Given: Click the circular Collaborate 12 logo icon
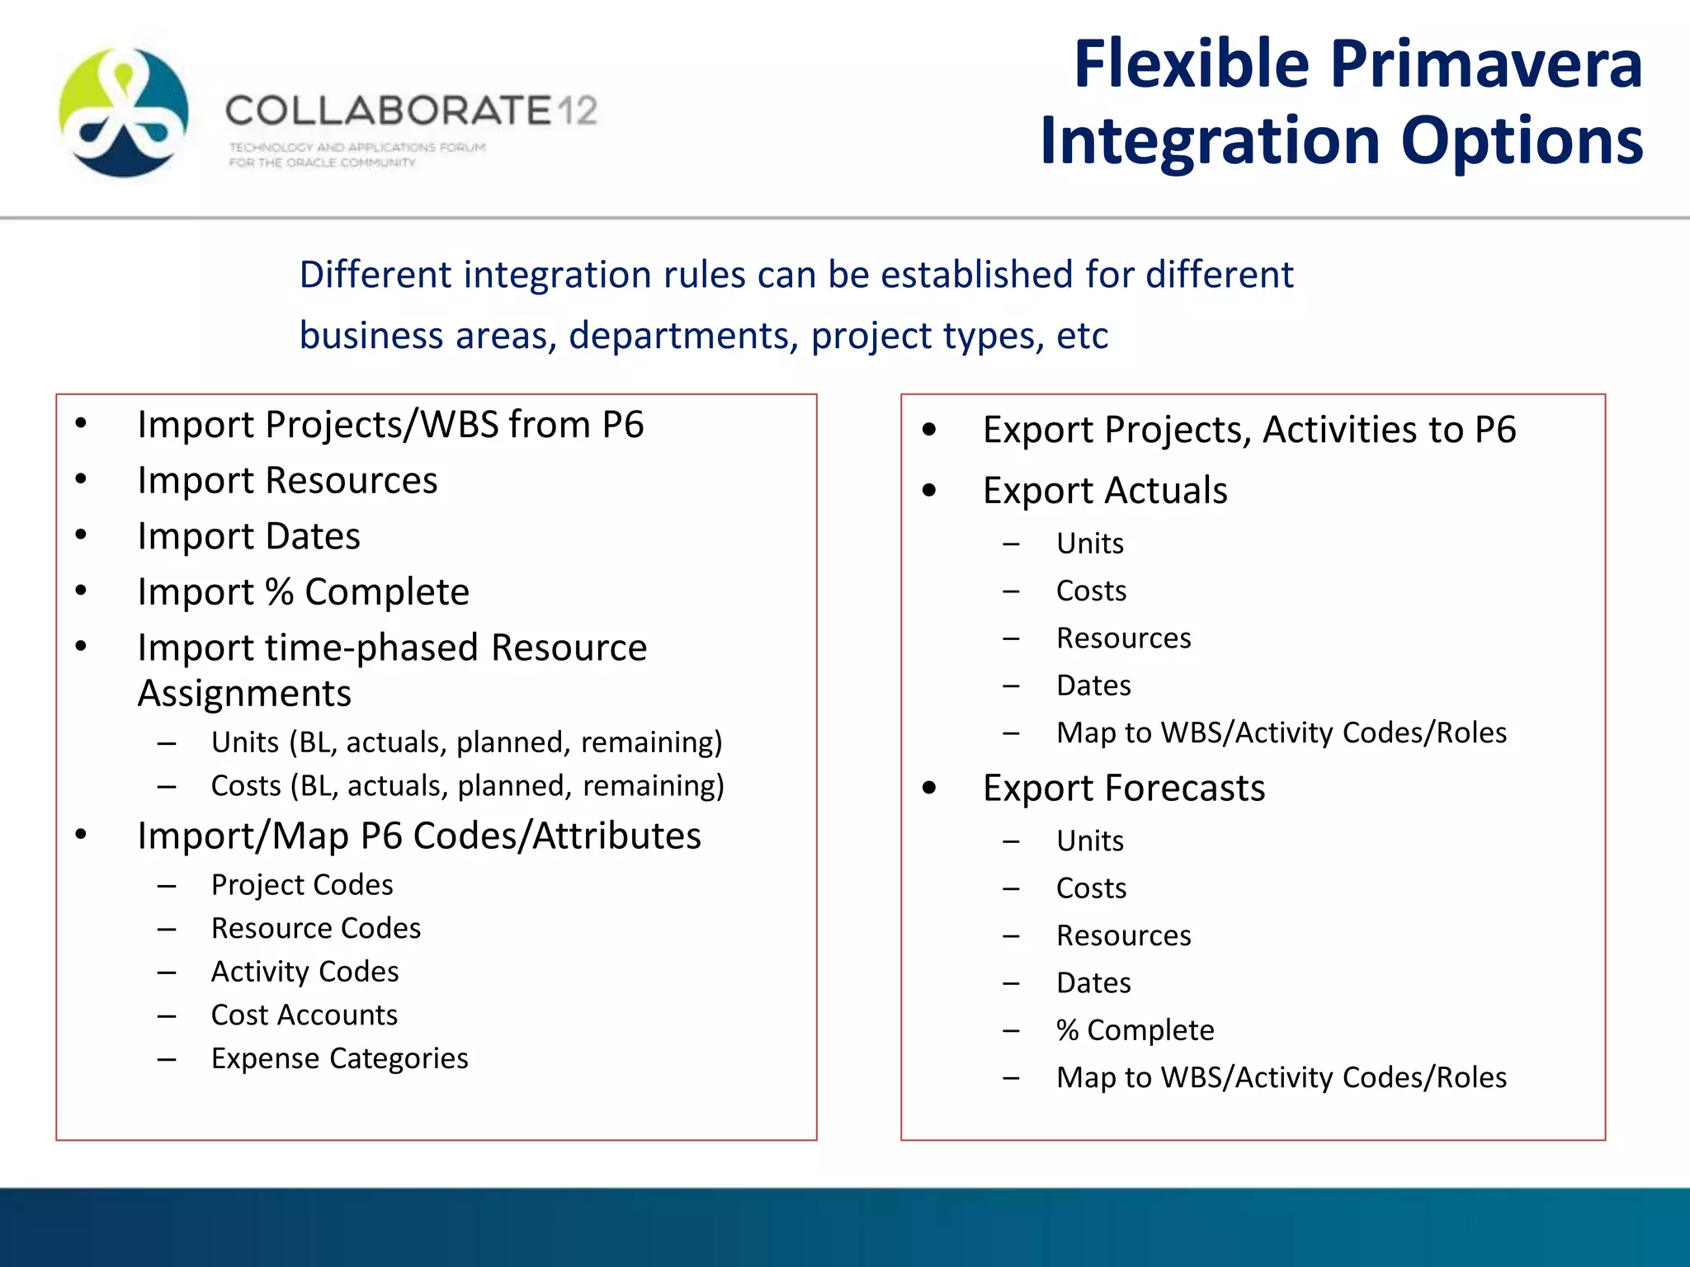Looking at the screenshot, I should [x=124, y=113].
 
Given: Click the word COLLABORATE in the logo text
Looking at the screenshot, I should [x=388, y=111].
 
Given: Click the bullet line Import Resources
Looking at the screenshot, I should [x=287, y=481].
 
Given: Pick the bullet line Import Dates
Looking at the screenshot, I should [x=248, y=537].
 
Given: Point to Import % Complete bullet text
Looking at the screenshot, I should [x=303, y=592].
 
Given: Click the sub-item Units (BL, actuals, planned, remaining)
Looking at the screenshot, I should [x=466, y=742].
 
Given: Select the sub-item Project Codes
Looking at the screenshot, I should [x=302, y=885].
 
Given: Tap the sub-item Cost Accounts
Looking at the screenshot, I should [x=304, y=1015].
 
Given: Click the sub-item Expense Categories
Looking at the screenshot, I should [x=339, y=1058].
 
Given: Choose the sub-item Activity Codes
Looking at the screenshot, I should [x=304, y=972].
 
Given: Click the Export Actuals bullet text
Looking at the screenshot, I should [x=1104, y=491].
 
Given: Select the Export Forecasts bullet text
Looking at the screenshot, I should [x=1123, y=789].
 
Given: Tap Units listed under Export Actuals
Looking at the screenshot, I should [x=1089, y=544].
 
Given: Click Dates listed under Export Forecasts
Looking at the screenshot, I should [x=1093, y=983].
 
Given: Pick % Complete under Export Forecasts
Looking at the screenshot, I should [x=1135, y=1030].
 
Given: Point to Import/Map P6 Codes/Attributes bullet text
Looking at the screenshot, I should [x=419, y=836].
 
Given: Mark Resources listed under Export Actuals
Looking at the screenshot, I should [x=1123, y=638].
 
